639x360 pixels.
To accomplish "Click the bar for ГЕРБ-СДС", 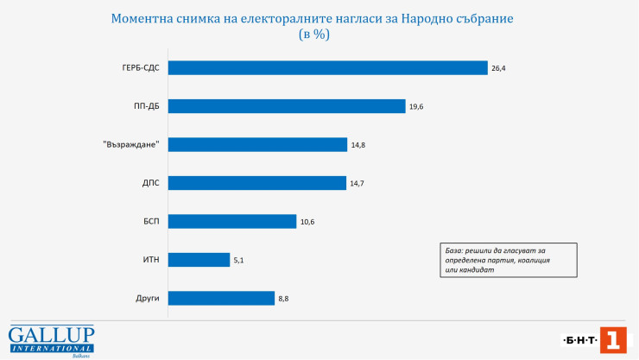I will pos(328,67).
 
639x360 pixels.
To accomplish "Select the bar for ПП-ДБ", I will pos(287,106).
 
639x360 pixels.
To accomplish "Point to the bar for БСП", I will pos(232,221).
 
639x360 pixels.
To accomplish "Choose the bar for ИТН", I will pos(199,259).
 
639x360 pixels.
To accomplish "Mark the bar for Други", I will pos(221,298).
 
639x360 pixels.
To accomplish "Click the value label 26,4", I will pos(498,67).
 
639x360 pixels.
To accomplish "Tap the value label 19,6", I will pos(416,106).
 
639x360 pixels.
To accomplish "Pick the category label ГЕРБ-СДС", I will pos(142,67).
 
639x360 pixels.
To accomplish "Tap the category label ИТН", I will pos(151,259).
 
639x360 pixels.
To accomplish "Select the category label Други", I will pos(149,298).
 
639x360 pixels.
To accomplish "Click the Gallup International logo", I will pos(51,339).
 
